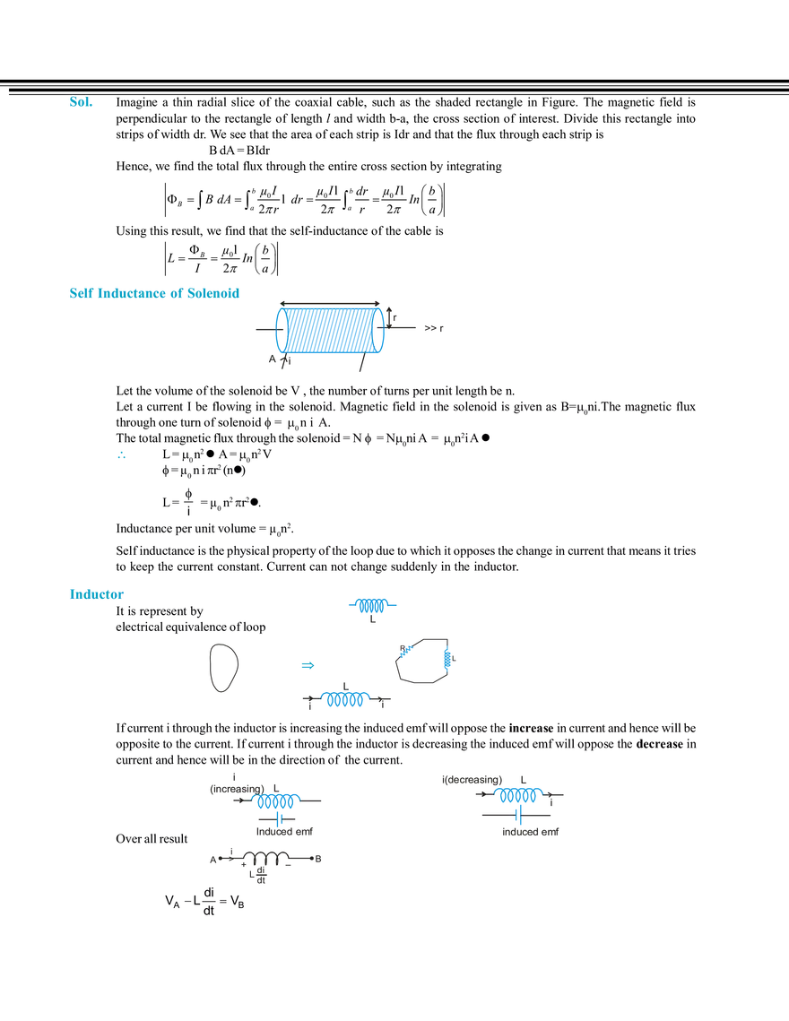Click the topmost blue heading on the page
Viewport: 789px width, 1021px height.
tap(79, 106)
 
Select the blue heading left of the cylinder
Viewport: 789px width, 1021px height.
tap(154, 291)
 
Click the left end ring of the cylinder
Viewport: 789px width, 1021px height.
tap(282, 332)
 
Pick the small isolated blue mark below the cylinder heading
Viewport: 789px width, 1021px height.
tap(122, 457)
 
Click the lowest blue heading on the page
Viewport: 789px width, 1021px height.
tap(96, 593)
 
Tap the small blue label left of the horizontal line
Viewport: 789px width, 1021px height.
tap(306, 666)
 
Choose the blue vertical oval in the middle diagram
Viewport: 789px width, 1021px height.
tap(447, 659)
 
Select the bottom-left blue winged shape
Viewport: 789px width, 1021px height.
tap(275, 800)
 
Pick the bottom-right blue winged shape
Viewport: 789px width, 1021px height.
tap(517, 794)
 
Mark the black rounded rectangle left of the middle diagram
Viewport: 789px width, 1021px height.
tap(223, 666)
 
